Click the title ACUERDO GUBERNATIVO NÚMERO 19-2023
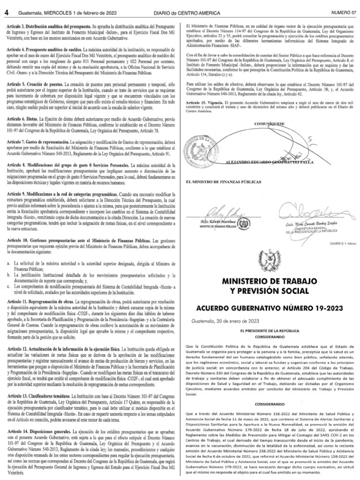270,309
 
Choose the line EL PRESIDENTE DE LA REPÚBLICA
270,331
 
